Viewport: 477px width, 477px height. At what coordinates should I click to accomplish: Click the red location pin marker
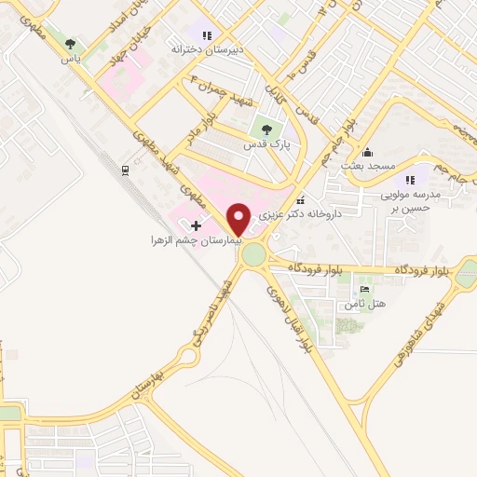click(238, 218)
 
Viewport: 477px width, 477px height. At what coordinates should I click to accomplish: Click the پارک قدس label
click(267, 146)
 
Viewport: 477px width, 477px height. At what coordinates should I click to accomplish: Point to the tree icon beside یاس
click(72, 44)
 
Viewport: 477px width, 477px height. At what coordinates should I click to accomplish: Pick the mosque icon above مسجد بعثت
click(368, 152)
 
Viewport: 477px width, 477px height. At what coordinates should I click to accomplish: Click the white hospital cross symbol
click(196, 225)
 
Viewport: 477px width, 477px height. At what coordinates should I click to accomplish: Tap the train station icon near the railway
click(124, 169)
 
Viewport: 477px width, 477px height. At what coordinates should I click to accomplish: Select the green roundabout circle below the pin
click(252, 253)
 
